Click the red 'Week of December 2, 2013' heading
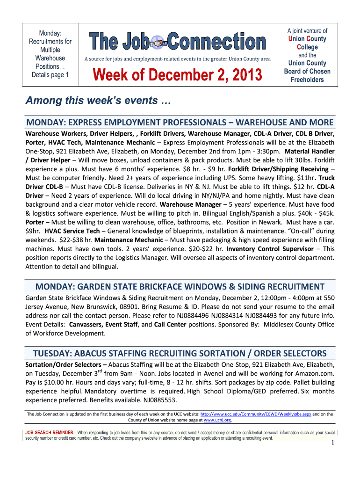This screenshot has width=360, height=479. coord(178,74)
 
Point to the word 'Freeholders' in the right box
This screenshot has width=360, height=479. coord(307,80)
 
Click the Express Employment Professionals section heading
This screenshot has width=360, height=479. coord(180,123)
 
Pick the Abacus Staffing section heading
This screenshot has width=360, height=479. coord(180,353)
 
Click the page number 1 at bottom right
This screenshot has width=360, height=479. coord(331,444)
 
